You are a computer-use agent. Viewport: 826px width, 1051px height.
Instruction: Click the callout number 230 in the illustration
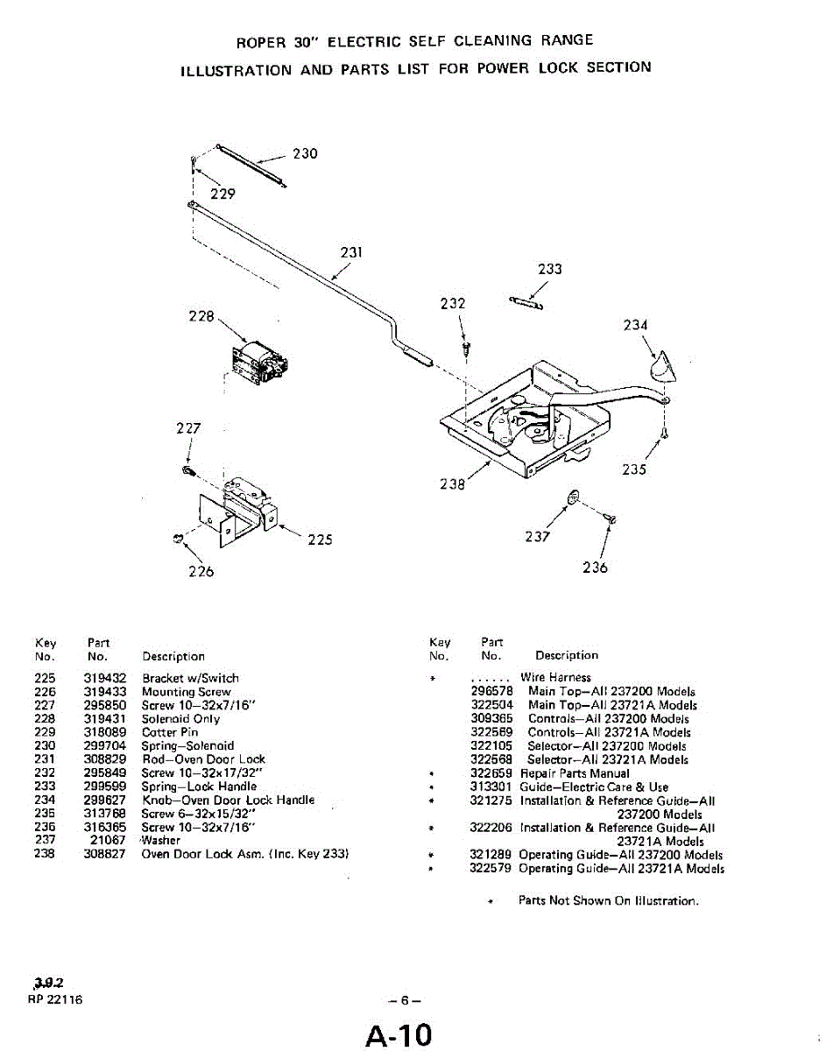click(x=305, y=154)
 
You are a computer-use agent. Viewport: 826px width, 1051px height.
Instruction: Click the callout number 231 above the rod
click(x=351, y=253)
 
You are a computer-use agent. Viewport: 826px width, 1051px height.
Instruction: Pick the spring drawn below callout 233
click(x=526, y=303)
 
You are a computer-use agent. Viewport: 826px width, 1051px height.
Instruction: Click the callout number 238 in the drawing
click(x=452, y=483)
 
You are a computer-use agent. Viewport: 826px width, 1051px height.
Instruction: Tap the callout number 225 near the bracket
click(x=320, y=540)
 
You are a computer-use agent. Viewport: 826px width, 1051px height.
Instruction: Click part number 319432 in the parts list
click(x=106, y=678)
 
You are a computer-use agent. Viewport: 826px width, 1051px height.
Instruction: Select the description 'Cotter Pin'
click(x=170, y=732)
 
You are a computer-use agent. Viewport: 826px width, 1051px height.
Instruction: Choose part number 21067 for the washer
click(x=109, y=840)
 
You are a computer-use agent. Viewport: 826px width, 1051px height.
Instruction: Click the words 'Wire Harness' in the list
click(x=555, y=677)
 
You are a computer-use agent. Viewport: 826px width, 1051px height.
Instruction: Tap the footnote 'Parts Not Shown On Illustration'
click(x=608, y=900)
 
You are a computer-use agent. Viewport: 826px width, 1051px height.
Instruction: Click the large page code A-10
click(x=399, y=1035)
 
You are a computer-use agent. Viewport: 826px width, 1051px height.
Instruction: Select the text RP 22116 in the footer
click(x=54, y=999)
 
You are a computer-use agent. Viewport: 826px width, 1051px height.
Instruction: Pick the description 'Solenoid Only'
click(x=180, y=719)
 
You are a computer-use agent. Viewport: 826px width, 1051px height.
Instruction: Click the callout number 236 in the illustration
click(x=595, y=567)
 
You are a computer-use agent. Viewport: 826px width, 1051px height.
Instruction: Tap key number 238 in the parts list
click(x=44, y=854)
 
